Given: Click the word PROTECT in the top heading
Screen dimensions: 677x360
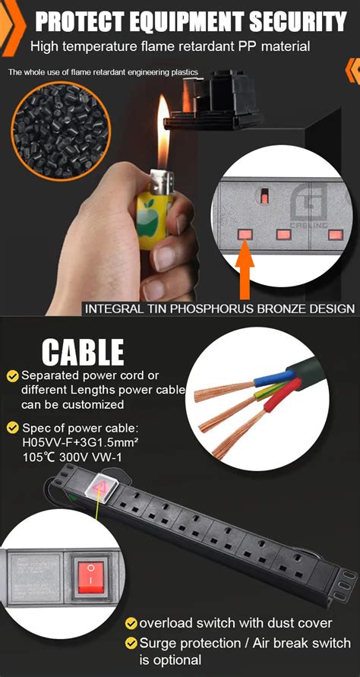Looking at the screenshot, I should click(x=83, y=21).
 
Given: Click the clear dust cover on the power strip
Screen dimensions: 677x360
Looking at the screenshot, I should click(x=101, y=491).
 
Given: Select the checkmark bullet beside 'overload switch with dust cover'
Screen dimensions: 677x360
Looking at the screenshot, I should click(x=131, y=624).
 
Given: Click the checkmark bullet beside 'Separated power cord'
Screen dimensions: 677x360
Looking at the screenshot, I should click(x=13, y=376).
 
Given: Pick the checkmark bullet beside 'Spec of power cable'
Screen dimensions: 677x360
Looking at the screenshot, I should click(x=13, y=428).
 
